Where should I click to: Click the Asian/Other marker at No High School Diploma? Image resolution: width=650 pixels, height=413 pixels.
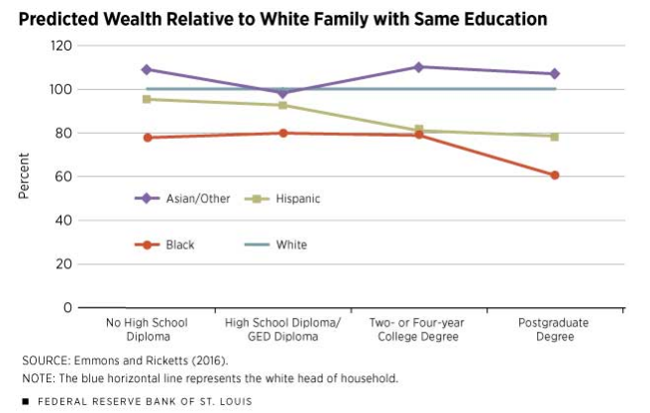click(147, 69)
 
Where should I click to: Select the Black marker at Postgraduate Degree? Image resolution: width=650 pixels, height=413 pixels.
click(555, 175)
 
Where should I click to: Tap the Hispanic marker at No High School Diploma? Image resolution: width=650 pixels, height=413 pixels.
click(147, 99)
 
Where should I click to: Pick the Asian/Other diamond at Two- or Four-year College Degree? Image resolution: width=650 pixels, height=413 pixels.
click(419, 67)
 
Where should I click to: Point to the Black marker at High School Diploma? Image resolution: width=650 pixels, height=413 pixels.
click(282, 133)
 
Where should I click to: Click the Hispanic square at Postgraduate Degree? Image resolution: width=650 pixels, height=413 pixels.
click(555, 137)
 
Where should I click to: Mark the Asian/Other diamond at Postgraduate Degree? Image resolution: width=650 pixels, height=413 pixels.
click(555, 73)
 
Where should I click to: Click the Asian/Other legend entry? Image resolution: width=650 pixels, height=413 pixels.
click(182, 198)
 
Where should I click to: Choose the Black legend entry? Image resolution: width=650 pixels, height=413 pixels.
click(169, 244)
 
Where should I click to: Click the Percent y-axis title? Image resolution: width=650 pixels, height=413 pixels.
click(22, 176)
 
